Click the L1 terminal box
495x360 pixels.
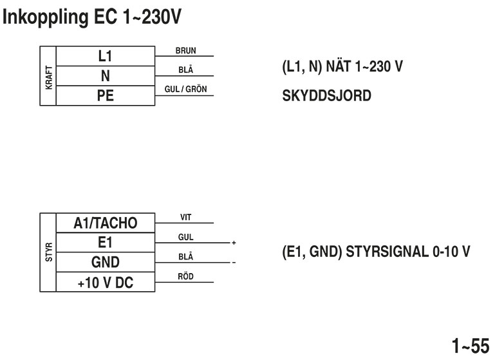click(x=105, y=56)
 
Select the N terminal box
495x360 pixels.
click(x=105, y=76)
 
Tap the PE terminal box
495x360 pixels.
click(x=105, y=96)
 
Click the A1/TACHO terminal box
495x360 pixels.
click(x=106, y=223)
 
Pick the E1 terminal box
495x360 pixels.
click(x=106, y=243)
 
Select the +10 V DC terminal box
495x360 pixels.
click(x=106, y=282)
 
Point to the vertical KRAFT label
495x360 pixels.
click(x=49, y=76)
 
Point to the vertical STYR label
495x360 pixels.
click(x=49, y=252)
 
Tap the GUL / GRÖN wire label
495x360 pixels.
click(x=185, y=89)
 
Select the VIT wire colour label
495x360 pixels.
click(x=185, y=217)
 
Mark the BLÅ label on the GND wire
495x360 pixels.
click(x=185, y=257)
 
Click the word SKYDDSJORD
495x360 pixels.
click(x=327, y=95)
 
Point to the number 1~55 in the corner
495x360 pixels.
click(x=471, y=346)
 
